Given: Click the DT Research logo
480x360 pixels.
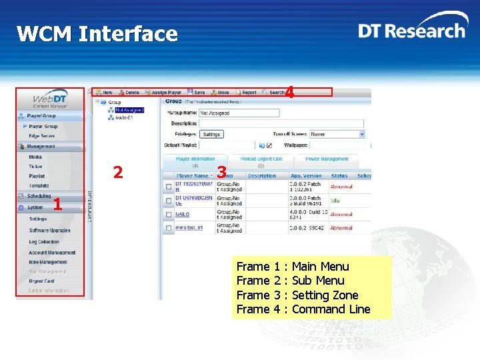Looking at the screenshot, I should [411, 31].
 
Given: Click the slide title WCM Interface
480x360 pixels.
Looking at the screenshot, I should [97, 34].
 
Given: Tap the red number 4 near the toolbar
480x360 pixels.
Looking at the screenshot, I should [289, 93].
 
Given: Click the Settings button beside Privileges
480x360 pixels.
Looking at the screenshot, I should [211, 134].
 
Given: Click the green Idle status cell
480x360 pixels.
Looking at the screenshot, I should [335, 199].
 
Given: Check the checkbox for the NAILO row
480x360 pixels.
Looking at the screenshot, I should [168, 215].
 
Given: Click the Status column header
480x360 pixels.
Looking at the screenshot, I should [339, 176].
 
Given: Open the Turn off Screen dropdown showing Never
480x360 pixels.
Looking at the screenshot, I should [337, 134].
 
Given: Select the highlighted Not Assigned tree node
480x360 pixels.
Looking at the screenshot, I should [129, 111].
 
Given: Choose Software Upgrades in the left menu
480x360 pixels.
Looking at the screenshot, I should [49, 231].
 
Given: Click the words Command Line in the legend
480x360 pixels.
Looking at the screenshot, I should [331, 309].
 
